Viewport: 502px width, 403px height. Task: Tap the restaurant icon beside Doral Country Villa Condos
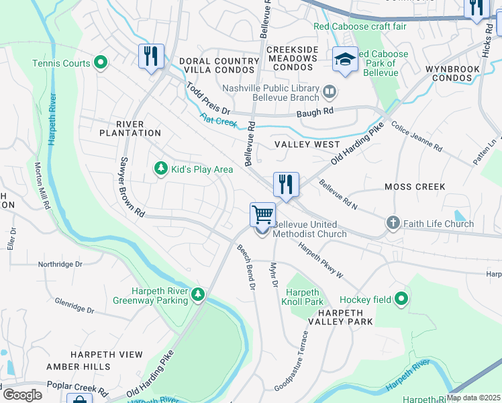[x=151, y=56]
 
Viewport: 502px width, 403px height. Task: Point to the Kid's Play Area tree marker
[x=160, y=169]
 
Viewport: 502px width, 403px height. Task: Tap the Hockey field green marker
[x=401, y=299]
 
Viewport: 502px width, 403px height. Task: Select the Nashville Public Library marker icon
[x=330, y=91]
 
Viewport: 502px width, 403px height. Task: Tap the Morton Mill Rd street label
[x=42, y=187]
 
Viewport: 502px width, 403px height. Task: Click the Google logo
[x=23, y=394]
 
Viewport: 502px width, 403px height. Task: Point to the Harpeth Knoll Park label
[x=305, y=298]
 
